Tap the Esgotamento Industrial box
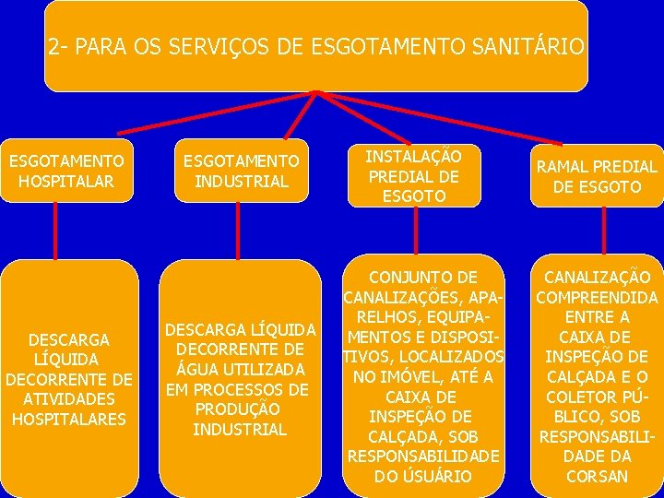coord(240,172)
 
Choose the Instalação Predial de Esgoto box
coord(413,175)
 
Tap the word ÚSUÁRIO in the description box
coord(439,477)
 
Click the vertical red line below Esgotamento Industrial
coord(239,231)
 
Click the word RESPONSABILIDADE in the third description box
coord(424,456)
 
